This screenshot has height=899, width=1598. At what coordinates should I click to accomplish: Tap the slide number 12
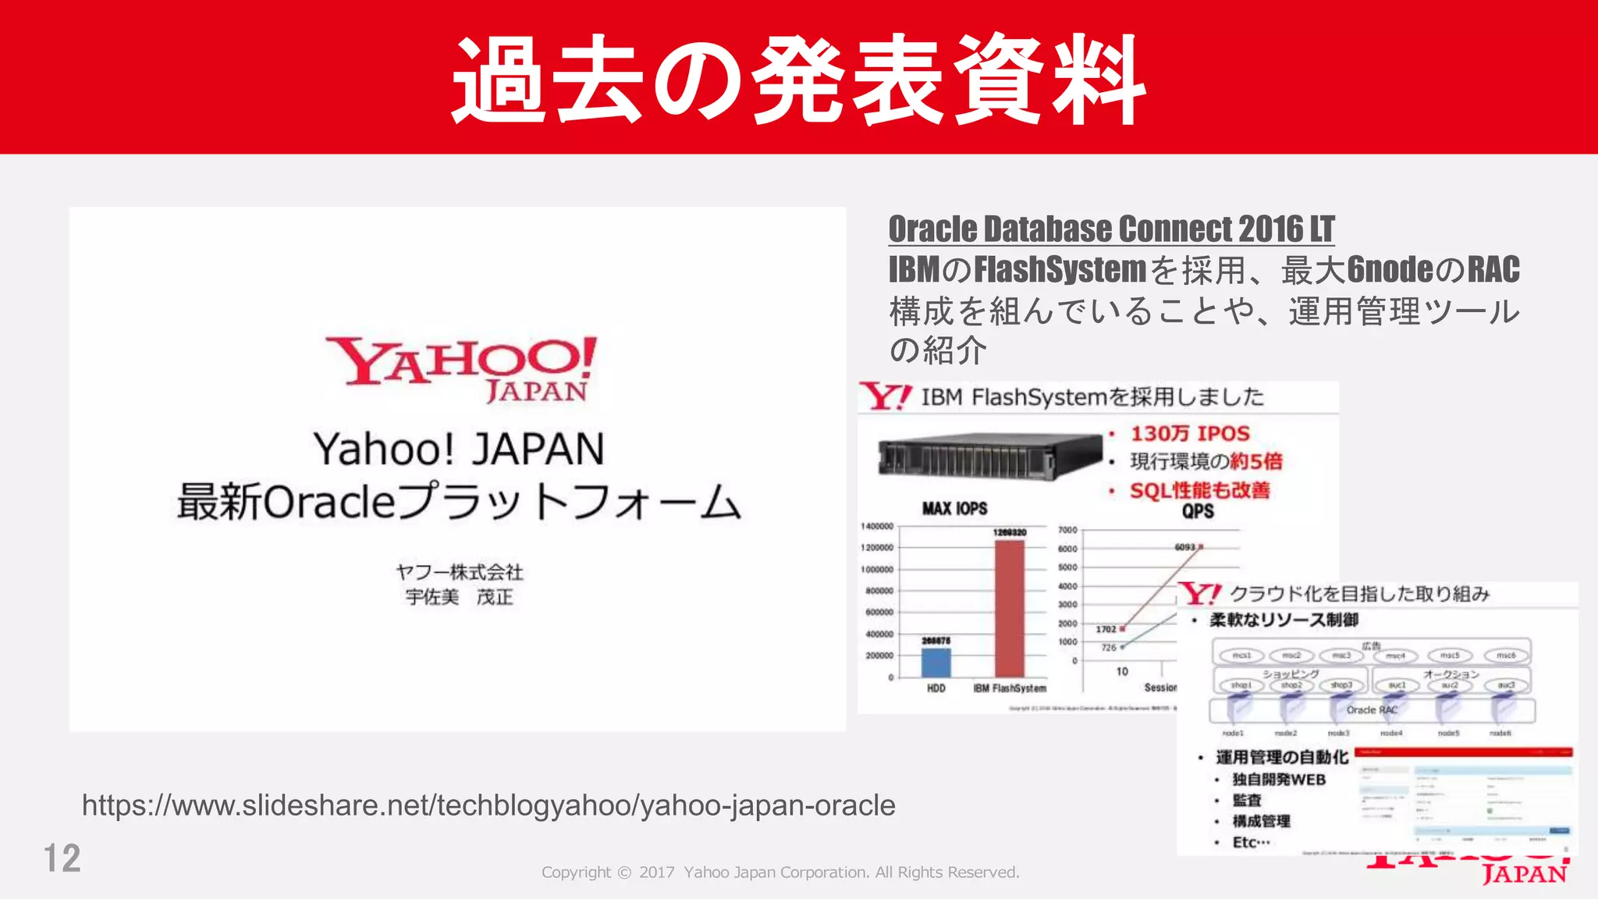click(x=62, y=858)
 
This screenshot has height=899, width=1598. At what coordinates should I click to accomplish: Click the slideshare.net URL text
click(x=488, y=805)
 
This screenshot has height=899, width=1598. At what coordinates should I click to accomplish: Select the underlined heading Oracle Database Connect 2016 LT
click(x=1111, y=229)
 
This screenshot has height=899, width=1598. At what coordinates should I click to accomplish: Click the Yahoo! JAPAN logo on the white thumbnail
click(x=460, y=368)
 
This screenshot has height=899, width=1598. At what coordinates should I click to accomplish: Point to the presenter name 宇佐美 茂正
click(x=459, y=598)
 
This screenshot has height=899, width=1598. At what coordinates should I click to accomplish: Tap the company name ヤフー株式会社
click(x=459, y=572)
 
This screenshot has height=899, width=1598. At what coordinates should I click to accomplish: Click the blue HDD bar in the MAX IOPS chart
click(x=936, y=662)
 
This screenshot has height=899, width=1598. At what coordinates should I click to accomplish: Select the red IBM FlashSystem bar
click(x=1009, y=609)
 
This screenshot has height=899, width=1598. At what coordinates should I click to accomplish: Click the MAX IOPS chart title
click(x=954, y=509)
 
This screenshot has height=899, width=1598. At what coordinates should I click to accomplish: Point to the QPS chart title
click(x=1198, y=511)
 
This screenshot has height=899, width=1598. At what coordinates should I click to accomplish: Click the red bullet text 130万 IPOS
click(x=1190, y=434)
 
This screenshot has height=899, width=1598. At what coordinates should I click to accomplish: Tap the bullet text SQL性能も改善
click(x=1199, y=490)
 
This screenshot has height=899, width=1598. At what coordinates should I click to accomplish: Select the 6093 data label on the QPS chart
click(x=1184, y=547)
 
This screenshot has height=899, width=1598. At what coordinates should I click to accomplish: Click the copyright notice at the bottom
click(x=780, y=872)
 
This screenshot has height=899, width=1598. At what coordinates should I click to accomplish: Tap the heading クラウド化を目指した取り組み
click(x=1359, y=595)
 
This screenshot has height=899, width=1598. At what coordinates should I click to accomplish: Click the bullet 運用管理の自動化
click(x=1281, y=757)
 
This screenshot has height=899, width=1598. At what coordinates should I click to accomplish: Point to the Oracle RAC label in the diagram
click(x=1371, y=710)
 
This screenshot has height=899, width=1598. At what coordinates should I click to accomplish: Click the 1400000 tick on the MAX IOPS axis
click(x=877, y=527)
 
